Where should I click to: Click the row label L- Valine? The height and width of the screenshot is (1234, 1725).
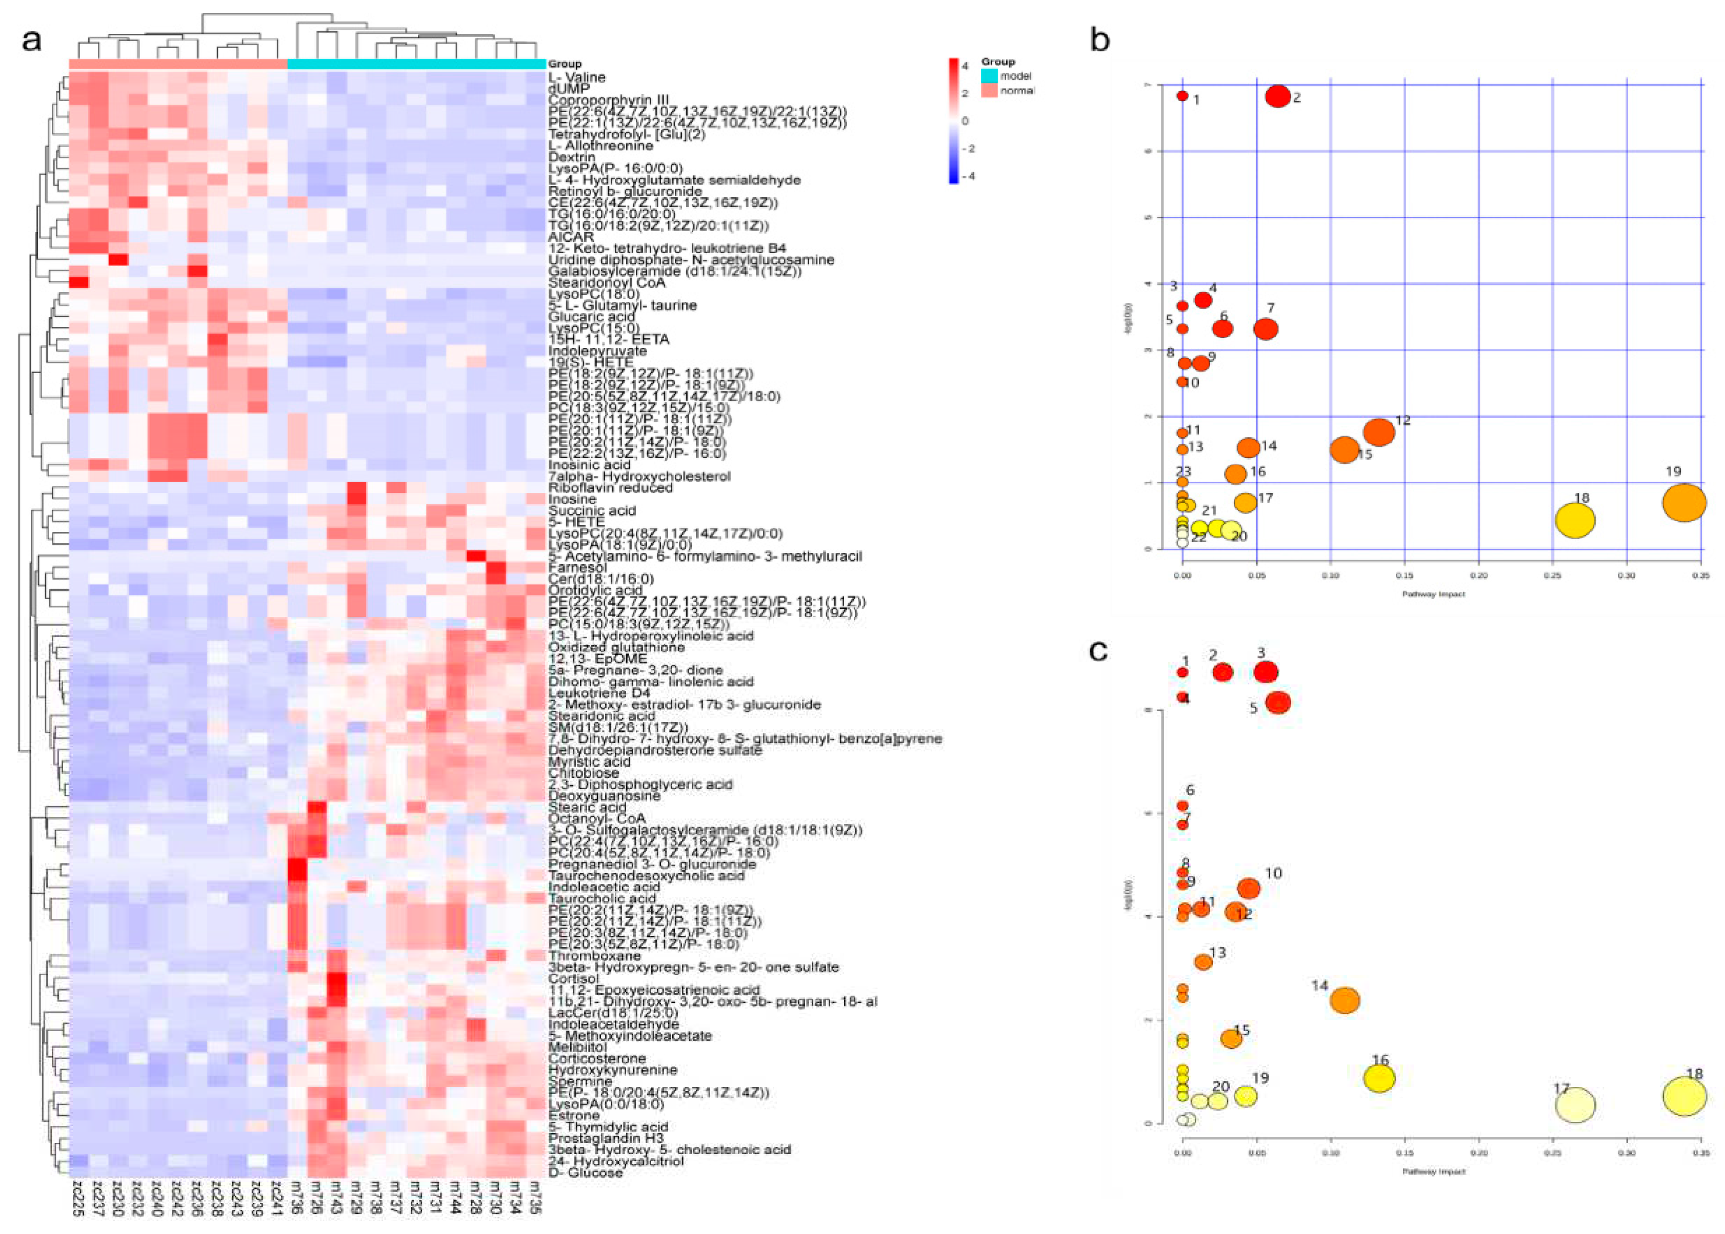(x=576, y=77)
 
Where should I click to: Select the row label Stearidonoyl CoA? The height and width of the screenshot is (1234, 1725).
(x=606, y=283)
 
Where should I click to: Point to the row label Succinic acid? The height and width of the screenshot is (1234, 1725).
(x=591, y=510)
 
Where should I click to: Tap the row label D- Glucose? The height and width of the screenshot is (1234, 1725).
(x=586, y=1173)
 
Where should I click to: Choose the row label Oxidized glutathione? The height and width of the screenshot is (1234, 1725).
(x=616, y=647)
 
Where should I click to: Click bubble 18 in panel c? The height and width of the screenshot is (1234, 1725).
(x=1684, y=1097)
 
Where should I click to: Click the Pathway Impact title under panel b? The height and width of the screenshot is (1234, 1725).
(x=1433, y=594)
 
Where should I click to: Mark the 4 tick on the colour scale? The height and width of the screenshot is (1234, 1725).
(x=965, y=66)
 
